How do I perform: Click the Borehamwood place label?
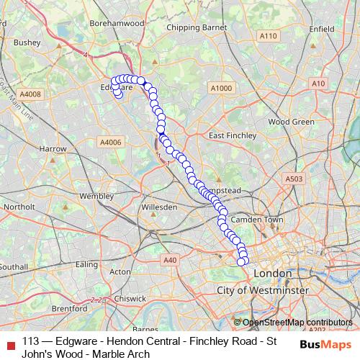pos(117,24)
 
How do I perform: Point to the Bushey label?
pos(27,42)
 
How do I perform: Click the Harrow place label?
pos(53,148)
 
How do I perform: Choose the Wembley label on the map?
pos(97,196)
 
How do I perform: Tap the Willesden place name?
pos(160,207)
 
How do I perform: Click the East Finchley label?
pos(232,135)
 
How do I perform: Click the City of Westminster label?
pos(263,289)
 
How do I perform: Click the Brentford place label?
pos(70,308)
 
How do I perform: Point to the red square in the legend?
pos(10,341)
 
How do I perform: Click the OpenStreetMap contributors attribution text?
pos(297,323)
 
